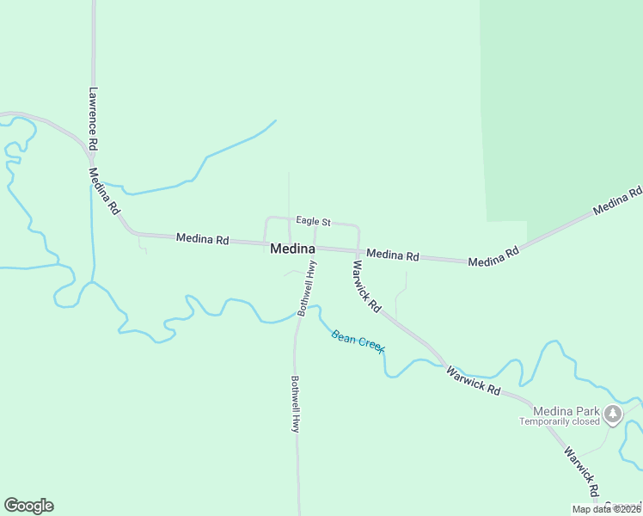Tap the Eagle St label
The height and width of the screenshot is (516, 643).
[314, 221]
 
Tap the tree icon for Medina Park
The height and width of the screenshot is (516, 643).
[613, 415]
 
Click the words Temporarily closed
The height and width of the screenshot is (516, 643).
[560, 421]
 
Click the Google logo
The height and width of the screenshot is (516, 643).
[28, 506]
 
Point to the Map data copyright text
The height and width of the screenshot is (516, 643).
[607, 509]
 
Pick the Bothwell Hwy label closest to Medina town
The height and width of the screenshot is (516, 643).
[305, 288]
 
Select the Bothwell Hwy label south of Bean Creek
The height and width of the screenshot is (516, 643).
[295, 403]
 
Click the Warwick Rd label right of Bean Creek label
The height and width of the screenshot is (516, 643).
[473, 379]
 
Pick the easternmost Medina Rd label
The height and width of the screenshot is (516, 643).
[617, 201]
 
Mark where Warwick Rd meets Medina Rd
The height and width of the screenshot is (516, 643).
[358, 251]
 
